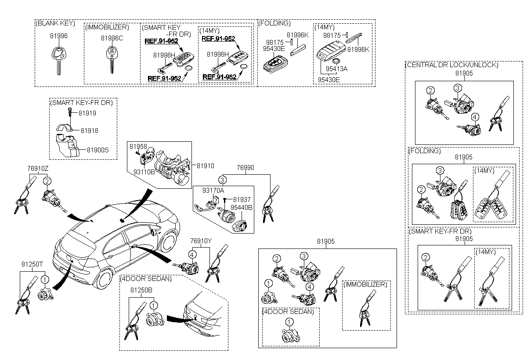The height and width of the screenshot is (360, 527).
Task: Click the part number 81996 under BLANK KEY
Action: coord(58,36)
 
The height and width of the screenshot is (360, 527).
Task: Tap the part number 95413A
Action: coord(336,69)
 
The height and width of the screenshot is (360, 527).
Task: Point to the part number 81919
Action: coord(87,113)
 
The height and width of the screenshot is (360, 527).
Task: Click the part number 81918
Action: coord(90,131)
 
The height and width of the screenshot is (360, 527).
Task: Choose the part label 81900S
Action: coord(97,150)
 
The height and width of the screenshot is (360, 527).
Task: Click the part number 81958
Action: coord(138,147)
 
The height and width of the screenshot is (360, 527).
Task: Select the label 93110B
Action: coord(144,172)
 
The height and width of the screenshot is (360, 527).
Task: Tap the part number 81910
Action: coord(206,166)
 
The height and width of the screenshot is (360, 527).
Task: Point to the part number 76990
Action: coord(245,168)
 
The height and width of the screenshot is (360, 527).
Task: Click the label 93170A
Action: coord(213,191)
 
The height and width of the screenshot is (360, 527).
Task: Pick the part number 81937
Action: coord(242,200)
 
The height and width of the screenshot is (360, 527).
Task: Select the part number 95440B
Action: coord(242,208)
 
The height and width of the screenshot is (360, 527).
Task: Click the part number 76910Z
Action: coord(38,169)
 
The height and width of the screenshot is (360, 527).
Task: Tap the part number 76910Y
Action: coord(201,241)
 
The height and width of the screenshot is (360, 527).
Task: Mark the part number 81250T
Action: coord(32,264)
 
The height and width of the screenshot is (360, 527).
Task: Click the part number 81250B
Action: coord(141,290)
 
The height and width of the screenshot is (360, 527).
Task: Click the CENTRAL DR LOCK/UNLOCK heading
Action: coord(452,65)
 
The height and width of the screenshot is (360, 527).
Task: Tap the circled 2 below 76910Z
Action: coord(47,181)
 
